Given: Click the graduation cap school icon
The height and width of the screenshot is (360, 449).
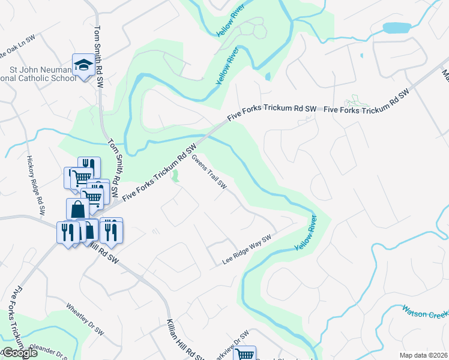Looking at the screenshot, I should [x=83, y=65].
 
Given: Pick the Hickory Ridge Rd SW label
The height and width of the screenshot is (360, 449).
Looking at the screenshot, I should [x=35, y=185].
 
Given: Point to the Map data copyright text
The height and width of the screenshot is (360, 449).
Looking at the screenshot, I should [x=423, y=355].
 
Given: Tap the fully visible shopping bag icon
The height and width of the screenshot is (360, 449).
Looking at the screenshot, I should [x=77, y=209].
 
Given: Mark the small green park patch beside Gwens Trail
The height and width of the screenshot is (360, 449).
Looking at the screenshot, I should [x=176, y=177].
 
